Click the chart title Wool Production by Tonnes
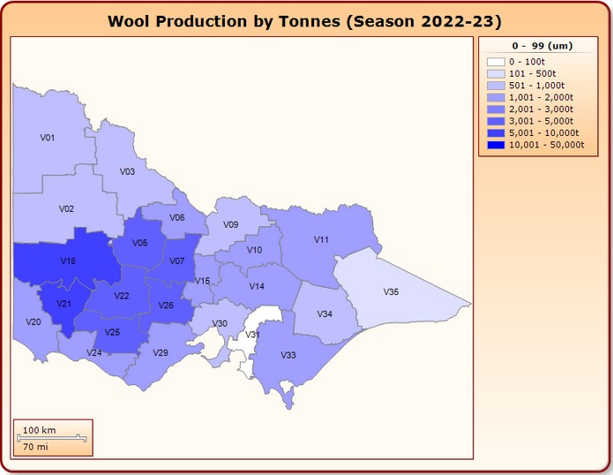[x=305, y=21]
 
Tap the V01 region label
[x=48, y=138]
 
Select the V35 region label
[x=391, y=291]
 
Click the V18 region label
[x=68, y=261]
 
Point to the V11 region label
[x=322, y=239]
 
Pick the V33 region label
[x=288, y=355]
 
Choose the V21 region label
[x=64, y=304]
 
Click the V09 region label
[x=230, y=225]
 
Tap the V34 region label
[x=325, y=314]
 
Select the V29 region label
[x=161, y=353]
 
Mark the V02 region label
[x=66, y=209]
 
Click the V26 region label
[x=166, y=305]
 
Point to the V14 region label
[x=257, y=287]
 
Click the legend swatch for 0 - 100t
[x=496, y=62]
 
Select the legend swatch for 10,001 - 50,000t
[x=496, y=144]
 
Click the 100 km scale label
[x=39, y=430]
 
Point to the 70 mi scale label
[x=35, y=448]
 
